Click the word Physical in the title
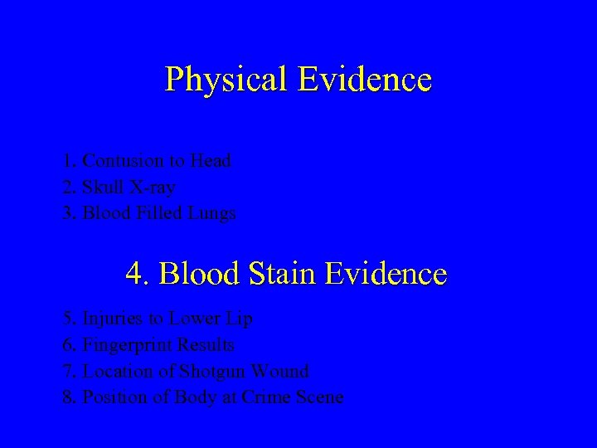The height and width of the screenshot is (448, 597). tap(226, 80)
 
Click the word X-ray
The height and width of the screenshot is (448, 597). tap(152, 187)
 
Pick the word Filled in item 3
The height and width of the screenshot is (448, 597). tap(158, 213)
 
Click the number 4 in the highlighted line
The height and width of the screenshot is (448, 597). tap(135, 273)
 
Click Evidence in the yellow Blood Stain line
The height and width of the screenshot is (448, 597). tap(386, 273)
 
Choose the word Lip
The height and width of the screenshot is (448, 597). tap(239, 319)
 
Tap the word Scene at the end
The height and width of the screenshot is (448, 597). tap(319, 397)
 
